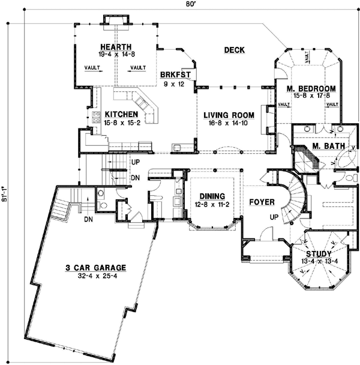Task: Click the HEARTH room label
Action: pyautogui.click(x=116, y=46)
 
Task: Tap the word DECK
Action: pyautogui.click(x=234, y=50)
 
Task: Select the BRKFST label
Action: pyautogui.click(x=175, y=75)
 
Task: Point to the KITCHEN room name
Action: pyautogui.click(x=122, y=114)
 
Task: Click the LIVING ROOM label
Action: pyautogui.click(x=228, y=115)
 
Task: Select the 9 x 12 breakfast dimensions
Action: pyautogui.click(x=175, y=83)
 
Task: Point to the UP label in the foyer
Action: pyautogui.click(x=275, y=217)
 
